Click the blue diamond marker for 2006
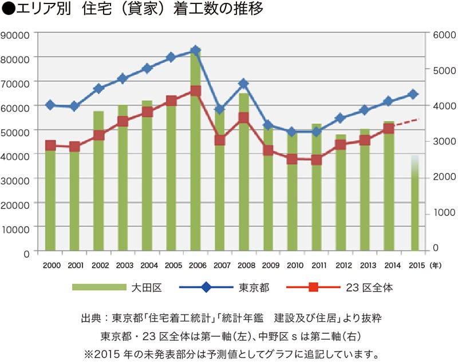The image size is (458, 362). coord(195,51)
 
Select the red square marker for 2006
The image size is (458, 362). coord(195,91)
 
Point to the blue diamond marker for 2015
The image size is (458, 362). coord(413,94)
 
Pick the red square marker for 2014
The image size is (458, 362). coord(389,128)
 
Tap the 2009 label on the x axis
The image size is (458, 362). coord(271,265)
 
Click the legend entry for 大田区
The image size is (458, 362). coord(124,287)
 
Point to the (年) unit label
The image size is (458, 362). coord(438,265)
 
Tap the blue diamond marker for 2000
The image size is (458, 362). coord(50,105)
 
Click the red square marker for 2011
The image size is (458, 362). coord(317,160)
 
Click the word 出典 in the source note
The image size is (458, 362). coord(93,318)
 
